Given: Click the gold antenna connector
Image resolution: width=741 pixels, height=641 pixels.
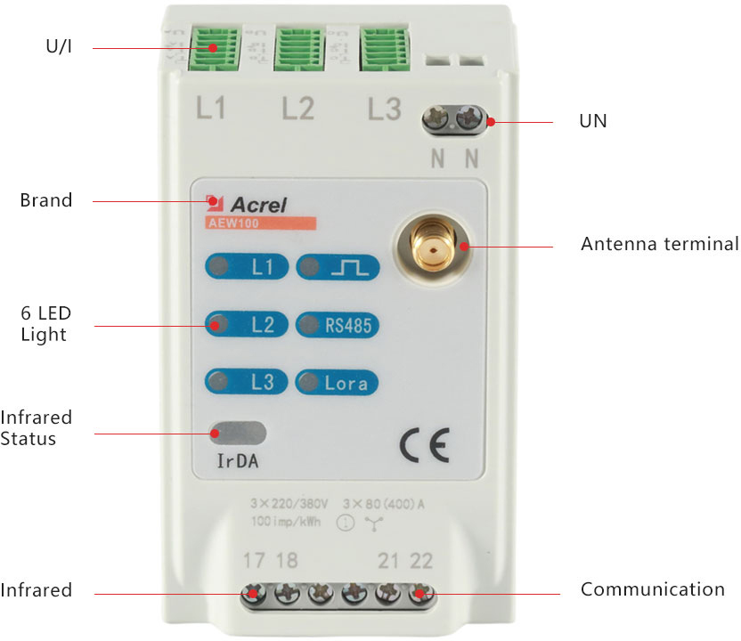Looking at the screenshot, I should click(432, 246).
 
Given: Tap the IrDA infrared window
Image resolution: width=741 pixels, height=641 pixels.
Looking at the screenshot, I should click(238, 434).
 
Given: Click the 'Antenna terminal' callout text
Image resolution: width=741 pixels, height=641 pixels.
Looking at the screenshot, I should click(659, 244).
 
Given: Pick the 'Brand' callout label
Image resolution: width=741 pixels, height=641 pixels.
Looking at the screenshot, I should click(45, 200).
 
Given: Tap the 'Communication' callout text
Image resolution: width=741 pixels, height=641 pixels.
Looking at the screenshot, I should click(652, 589).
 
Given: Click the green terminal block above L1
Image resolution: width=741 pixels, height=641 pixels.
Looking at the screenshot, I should click(214, 49).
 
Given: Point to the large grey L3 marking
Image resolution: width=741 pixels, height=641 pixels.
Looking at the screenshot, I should click(385, 110).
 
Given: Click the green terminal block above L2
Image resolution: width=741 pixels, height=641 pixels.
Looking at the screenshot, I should click(299, 49).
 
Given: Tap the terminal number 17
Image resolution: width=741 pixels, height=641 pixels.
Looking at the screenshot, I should click(254, 561).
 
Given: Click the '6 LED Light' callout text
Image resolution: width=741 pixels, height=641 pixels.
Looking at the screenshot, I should click(46, 324).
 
